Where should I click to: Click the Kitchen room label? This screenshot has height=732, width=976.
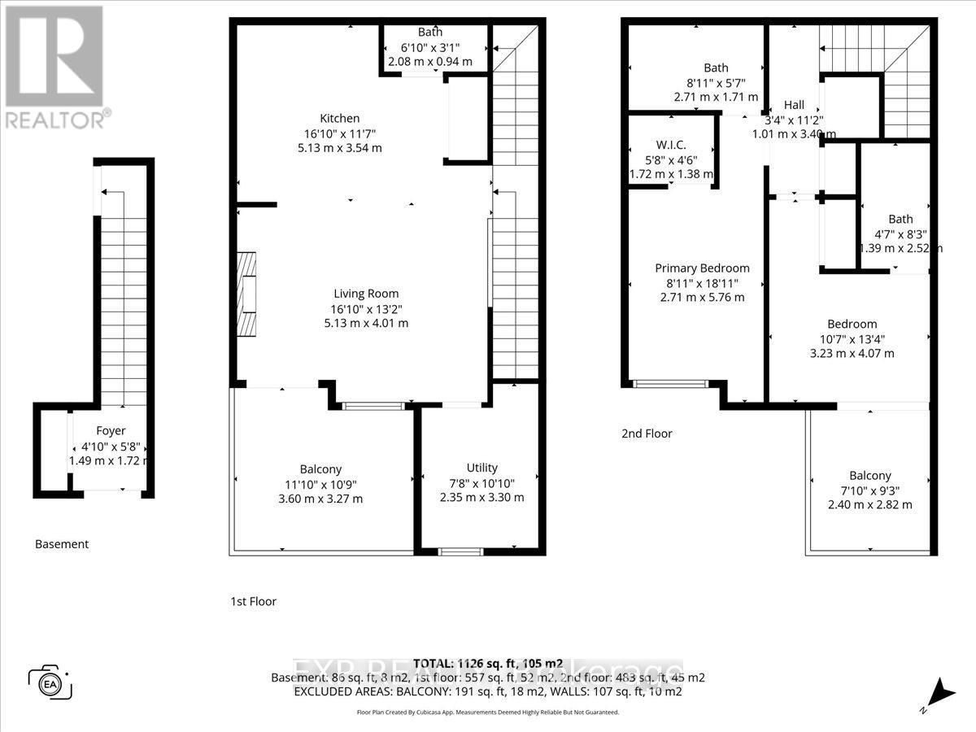coord(339,119)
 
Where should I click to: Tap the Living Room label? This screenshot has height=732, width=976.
coord(366,294)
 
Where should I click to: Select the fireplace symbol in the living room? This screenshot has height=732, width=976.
coord(246,294)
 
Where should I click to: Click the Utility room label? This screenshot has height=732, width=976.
coord(481,468)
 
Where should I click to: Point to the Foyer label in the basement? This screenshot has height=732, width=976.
coord(111,431)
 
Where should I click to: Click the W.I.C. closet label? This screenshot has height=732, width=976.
coord(672,146)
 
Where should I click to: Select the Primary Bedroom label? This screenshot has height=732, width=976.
coord(703,268)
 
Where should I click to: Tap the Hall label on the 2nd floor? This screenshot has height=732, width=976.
coord(794,105)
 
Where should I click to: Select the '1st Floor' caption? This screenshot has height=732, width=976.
coord(253,602)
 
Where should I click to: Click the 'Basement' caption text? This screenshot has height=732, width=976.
coord(62,544)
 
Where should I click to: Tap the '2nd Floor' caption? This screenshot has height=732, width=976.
coord(647,434)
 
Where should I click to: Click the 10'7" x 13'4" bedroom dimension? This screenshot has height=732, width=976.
coord(853,338)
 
